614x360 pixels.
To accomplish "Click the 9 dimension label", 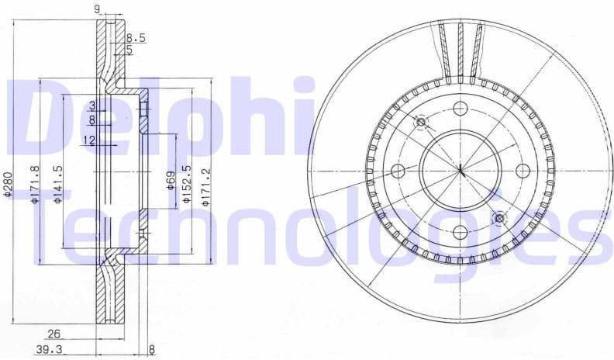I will point(97,9).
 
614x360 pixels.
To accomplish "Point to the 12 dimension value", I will point(89,140).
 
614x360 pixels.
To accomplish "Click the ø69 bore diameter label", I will point(170,183).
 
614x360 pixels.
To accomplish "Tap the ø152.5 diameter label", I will point(187,184).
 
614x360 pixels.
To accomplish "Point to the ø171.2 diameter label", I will point(205,184).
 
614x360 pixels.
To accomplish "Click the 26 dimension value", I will point(53,334).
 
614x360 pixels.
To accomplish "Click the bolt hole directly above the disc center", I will point(459,109).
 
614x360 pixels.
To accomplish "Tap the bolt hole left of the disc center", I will point(398,170).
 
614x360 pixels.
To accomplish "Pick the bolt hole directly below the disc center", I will point(459,231).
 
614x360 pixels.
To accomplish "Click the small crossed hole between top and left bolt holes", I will point(421,122).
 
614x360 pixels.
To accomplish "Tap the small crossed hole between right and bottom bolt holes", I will point(498,218).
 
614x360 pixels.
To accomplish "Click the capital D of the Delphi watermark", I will point(47,116).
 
